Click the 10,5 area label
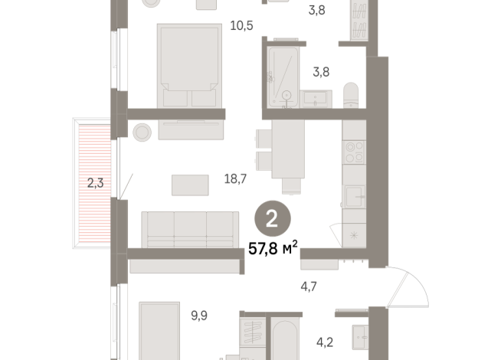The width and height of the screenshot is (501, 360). [x=241, y=25]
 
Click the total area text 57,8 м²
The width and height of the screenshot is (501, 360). [x=273, y=248]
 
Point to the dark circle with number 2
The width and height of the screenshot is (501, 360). [x=272, y=220]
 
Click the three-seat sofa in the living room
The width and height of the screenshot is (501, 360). [x=189, y=229]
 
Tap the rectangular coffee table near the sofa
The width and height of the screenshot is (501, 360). [x=190, y=185]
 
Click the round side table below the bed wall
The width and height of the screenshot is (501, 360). [x=142, y=132]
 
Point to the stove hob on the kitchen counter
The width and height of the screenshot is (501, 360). [x=354, y=152]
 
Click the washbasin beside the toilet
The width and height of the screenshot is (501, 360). [x=316, y=98]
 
